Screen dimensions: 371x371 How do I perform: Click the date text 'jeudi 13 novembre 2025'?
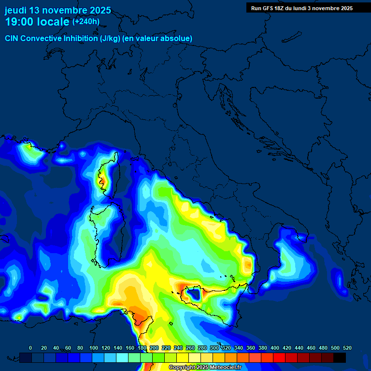point(58,10)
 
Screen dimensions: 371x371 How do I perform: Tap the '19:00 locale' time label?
point(37,21)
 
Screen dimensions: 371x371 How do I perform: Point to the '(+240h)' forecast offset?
point(86,21)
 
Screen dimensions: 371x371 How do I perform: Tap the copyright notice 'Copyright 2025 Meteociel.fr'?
point(205,368)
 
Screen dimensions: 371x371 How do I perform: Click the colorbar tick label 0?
point(30,348)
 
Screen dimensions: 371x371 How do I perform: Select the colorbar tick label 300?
point(214,348)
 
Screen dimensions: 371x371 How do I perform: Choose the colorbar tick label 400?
point(274,348)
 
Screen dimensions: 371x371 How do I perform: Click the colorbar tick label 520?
point(347,348)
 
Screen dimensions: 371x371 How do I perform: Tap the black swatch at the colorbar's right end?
point(340,358)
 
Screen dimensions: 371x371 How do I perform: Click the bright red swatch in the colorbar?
point(279,358)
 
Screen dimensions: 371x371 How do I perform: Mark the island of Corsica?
point(109,176)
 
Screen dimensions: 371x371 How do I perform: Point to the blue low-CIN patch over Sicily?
point(195,293)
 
